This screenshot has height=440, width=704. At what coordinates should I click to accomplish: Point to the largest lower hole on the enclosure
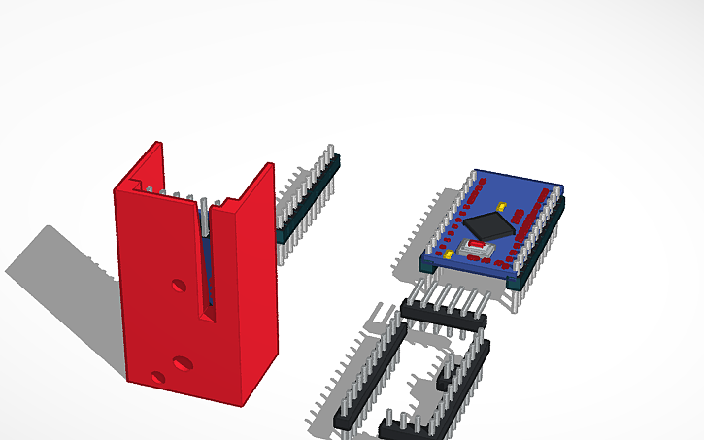coord(182,363)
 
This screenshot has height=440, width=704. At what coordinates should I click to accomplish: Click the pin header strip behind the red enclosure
coord(305,200)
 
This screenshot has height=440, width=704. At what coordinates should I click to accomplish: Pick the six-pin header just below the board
coord(443,313)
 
